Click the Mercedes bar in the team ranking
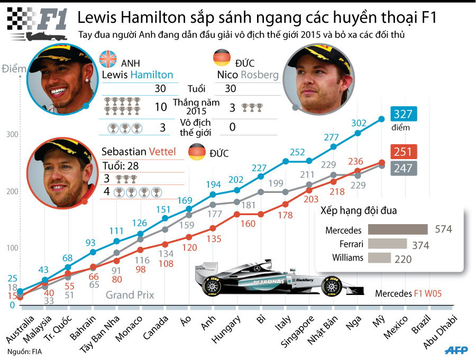point(398,229)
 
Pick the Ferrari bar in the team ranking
point(388,244)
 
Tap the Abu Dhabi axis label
point(440,333)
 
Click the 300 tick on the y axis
point(12,135)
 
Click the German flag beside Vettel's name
point(197,153)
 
